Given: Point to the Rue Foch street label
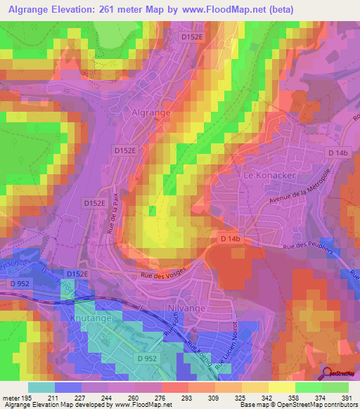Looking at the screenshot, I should pyautogui.click(x=169, y=324).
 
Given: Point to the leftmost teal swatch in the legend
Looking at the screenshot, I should pyautogui.click(x=41, y=387).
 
